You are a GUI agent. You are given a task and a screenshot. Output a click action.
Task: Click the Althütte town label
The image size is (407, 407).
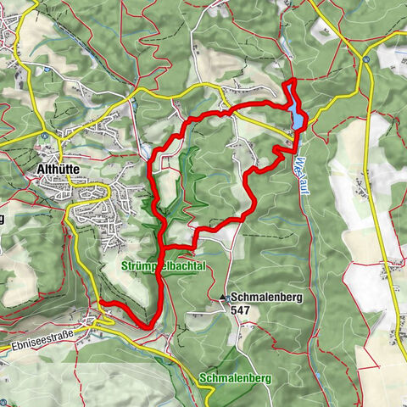59,170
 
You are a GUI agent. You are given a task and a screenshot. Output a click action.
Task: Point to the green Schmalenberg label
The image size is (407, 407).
236,377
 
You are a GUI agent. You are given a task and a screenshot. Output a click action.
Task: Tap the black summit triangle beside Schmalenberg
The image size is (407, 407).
224,298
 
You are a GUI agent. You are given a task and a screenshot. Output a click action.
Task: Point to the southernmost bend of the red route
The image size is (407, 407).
148,325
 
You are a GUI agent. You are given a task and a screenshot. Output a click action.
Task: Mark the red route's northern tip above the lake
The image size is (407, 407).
291,81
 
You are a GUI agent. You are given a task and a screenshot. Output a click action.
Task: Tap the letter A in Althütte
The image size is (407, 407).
42,170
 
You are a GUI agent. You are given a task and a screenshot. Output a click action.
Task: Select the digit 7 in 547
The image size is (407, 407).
250,311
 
